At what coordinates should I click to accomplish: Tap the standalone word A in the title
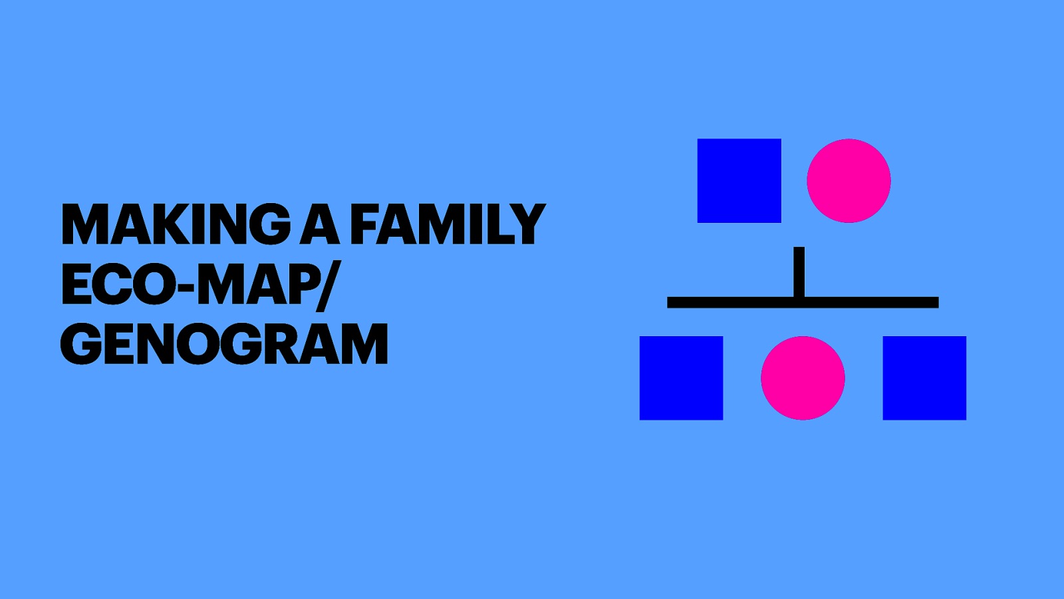point(320,224)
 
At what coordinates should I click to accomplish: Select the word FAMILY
point(448,224)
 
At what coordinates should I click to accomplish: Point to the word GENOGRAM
point(224,344)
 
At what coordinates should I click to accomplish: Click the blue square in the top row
point(739,180)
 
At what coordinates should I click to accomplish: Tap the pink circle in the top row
point(849,180)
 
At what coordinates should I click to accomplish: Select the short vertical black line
point(799,272)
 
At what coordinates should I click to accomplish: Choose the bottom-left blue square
point(681,378)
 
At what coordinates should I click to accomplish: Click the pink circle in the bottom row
point(803,378)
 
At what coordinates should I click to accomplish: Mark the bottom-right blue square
point(924,378)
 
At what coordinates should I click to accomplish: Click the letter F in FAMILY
point(366,224)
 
